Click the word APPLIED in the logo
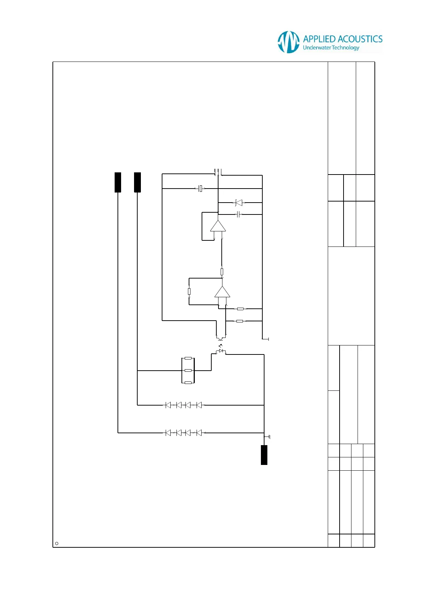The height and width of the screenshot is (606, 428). click(x=319, y=39)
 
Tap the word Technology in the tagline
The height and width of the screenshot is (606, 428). click(x=345, y=48)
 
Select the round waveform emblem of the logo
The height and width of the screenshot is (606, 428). click(x=288, y=42)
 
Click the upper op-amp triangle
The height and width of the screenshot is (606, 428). click(x=218, y=226)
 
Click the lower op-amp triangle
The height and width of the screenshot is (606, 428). click(x=222, y=292)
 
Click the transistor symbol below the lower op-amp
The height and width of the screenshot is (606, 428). click(x=221, y=338)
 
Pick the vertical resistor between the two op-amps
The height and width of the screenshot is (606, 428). click(x=222, y=272)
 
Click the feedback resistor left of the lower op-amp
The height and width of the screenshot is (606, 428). click(x=189, y=291)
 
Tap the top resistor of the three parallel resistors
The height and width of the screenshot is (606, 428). click(x=188, y=358)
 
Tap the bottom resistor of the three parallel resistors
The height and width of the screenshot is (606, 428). click(x=188, y=383)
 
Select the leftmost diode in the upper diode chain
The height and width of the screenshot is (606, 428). click(x=168, y=405)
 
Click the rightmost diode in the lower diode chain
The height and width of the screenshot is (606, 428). click(x=199, y=433)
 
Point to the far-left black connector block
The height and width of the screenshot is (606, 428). click(x=118, y=182)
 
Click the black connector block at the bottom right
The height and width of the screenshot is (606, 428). click(x=264, y=455)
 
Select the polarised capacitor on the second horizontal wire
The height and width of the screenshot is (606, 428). click(x=201, y=188)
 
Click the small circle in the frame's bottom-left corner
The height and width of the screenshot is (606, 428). click(x=57, y=543)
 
